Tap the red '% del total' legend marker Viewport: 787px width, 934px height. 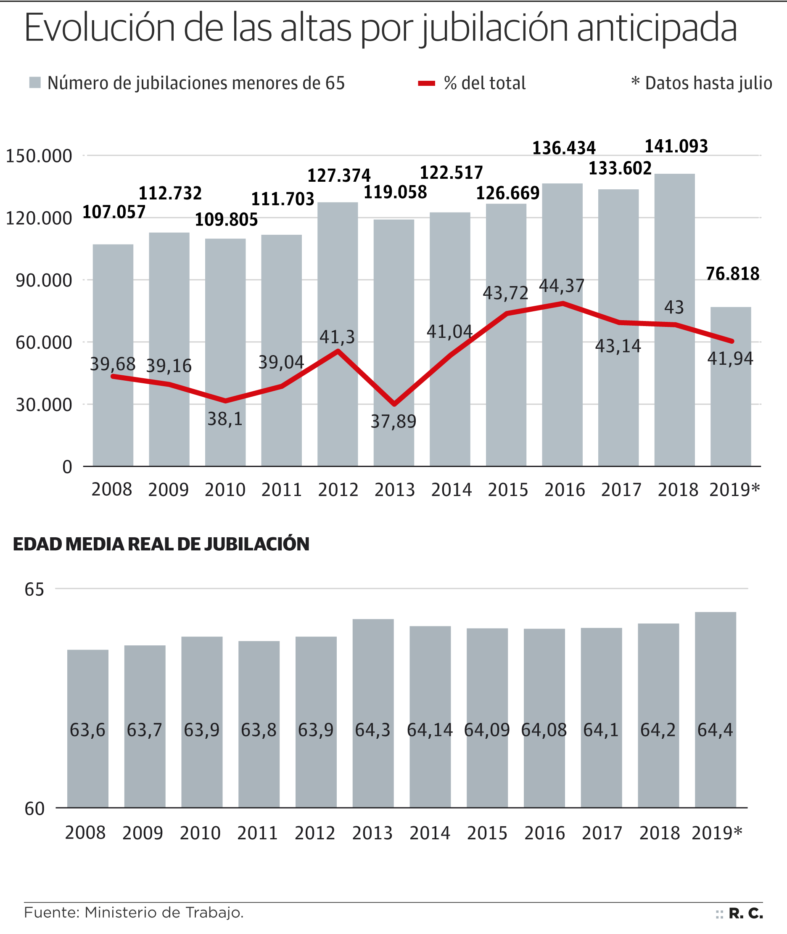tap(426, 83)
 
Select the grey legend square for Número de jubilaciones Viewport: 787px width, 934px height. tap(35, 82)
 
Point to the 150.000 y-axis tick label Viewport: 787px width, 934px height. tap(38, 156)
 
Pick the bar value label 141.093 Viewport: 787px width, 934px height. tap(676, 146)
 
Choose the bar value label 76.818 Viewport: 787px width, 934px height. tap(732, 274)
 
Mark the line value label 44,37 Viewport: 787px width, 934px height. tap(561, 286)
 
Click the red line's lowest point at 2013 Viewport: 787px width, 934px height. tap(394, 404)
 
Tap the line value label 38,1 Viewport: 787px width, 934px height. tap(225, 419)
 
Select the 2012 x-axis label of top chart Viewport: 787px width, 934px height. tap(338, 490)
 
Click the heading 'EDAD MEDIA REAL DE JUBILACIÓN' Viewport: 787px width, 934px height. tap(161, 544)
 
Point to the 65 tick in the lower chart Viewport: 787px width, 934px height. tap(34, 590)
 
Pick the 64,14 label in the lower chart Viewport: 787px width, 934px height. tap(430, 730)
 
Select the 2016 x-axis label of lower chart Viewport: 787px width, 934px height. tap(544, 833)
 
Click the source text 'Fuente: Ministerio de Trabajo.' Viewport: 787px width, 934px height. tap(134, 913)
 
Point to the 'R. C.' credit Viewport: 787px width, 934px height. tap(745, 913)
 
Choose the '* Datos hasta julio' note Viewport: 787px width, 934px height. tap(701, 83)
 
